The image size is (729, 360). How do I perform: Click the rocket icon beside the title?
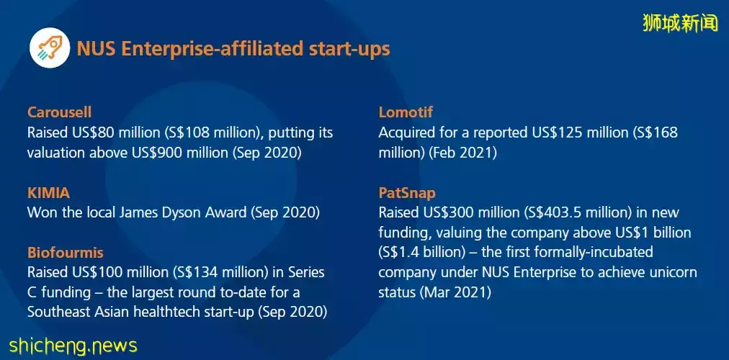click(x=50, y=48)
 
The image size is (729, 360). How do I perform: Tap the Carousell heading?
click(x=59, y=112)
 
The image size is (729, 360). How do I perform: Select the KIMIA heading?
click(x=48, y=193)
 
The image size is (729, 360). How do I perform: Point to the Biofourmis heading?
click(x=65, y=253)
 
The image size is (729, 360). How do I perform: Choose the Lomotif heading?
click(x=406, y=112)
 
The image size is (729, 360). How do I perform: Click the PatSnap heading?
click(x=407, y=193)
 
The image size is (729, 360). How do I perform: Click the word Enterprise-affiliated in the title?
click(x=218, y=48)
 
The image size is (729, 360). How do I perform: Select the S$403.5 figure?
click(x=553, y=213)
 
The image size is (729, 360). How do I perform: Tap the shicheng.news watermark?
click(x=73, y=346)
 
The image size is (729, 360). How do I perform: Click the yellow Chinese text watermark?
click(x=681, y=23)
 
